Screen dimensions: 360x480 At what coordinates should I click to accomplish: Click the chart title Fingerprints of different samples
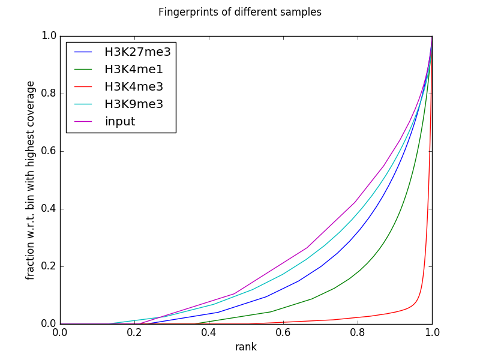(x=240, y=12)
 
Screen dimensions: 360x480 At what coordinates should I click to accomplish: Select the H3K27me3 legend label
(x=137, y=52)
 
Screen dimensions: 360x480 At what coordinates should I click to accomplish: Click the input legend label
(x=120, y=122)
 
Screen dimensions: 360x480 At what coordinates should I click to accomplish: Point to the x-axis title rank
(x=246, y=347)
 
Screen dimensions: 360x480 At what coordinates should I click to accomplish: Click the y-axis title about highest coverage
(x=31, y=180)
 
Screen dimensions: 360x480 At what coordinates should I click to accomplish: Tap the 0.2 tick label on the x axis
(x=134, y=332)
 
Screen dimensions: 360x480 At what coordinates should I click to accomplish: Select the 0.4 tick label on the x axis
(x=209, y=332)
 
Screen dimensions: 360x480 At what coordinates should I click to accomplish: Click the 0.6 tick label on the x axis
(x=283, y=332)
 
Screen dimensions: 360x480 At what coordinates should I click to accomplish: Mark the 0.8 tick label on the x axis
(x=358, y=332)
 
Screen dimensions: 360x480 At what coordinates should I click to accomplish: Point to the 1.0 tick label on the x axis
(x=432, y=332)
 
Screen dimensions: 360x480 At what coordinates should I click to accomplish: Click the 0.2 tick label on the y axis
(x=49, y=266)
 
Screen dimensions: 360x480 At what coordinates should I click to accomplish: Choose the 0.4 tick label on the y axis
(x=49, y=209)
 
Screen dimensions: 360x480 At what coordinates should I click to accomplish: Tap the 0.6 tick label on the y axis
(x=49, y=151)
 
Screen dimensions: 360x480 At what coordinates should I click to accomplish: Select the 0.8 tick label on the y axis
(x=49, y=94)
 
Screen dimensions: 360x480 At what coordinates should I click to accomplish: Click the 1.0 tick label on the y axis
(x=49, y=36)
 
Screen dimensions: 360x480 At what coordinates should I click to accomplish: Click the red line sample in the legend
(x=83, y=87)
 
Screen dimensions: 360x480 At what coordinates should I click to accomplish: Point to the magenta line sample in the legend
(x=83, y=122)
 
